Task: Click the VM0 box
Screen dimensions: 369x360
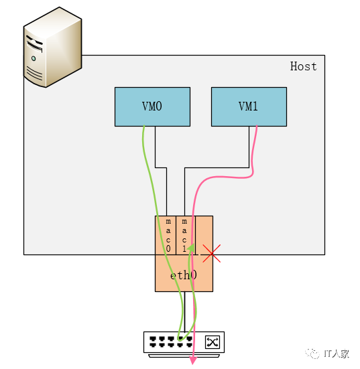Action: [152, 106]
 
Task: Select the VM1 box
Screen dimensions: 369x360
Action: [249, 106]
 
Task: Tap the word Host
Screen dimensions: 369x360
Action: [303, 66]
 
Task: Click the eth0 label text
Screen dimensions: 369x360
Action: [183, 275]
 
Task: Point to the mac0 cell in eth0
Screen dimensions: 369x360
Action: [167, 235]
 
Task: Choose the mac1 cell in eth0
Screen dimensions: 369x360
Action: [184, 235]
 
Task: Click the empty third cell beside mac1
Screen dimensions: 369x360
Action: [204, 235]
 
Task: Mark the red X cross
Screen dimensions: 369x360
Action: [211, 253]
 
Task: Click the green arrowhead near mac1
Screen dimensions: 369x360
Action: [191, 248]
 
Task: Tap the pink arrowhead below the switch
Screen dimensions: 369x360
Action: [193, 361]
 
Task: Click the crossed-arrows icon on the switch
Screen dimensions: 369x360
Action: [213, 342]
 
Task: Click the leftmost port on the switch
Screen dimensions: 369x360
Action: [153, 340]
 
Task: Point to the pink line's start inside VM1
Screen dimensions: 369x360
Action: [257, 127]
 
